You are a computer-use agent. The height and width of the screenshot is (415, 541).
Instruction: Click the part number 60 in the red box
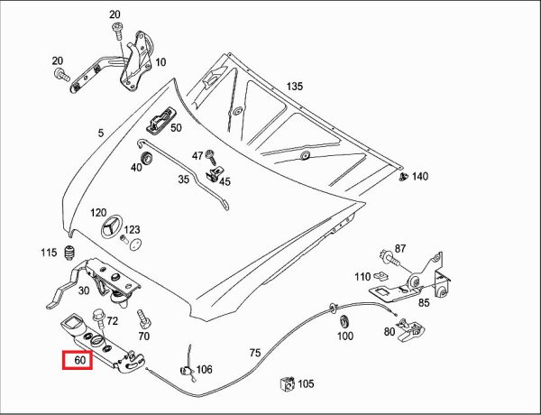pos(78,361)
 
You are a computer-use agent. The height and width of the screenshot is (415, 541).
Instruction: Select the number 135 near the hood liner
pos(295,88)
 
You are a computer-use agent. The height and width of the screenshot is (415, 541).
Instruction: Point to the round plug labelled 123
pos(133,243)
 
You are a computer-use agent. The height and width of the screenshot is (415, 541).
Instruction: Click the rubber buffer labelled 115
pos(69,253)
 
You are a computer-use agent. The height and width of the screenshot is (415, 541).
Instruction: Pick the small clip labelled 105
pos(288,383)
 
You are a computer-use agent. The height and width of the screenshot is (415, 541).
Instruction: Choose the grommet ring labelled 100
pos(344,320)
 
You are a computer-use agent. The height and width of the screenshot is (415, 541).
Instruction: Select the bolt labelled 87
pos(385,251)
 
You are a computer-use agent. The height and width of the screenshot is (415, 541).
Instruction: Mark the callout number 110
pos(362,276)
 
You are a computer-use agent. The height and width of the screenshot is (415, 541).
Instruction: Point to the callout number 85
pos(423,303)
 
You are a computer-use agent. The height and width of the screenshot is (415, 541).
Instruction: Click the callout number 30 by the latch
pos(83,290)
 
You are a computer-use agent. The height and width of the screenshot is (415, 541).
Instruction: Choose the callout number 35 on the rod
pos(183,180)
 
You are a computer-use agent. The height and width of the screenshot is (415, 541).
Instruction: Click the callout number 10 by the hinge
pos(160,62)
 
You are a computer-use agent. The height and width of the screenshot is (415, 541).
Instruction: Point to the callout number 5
pos(102,134)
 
